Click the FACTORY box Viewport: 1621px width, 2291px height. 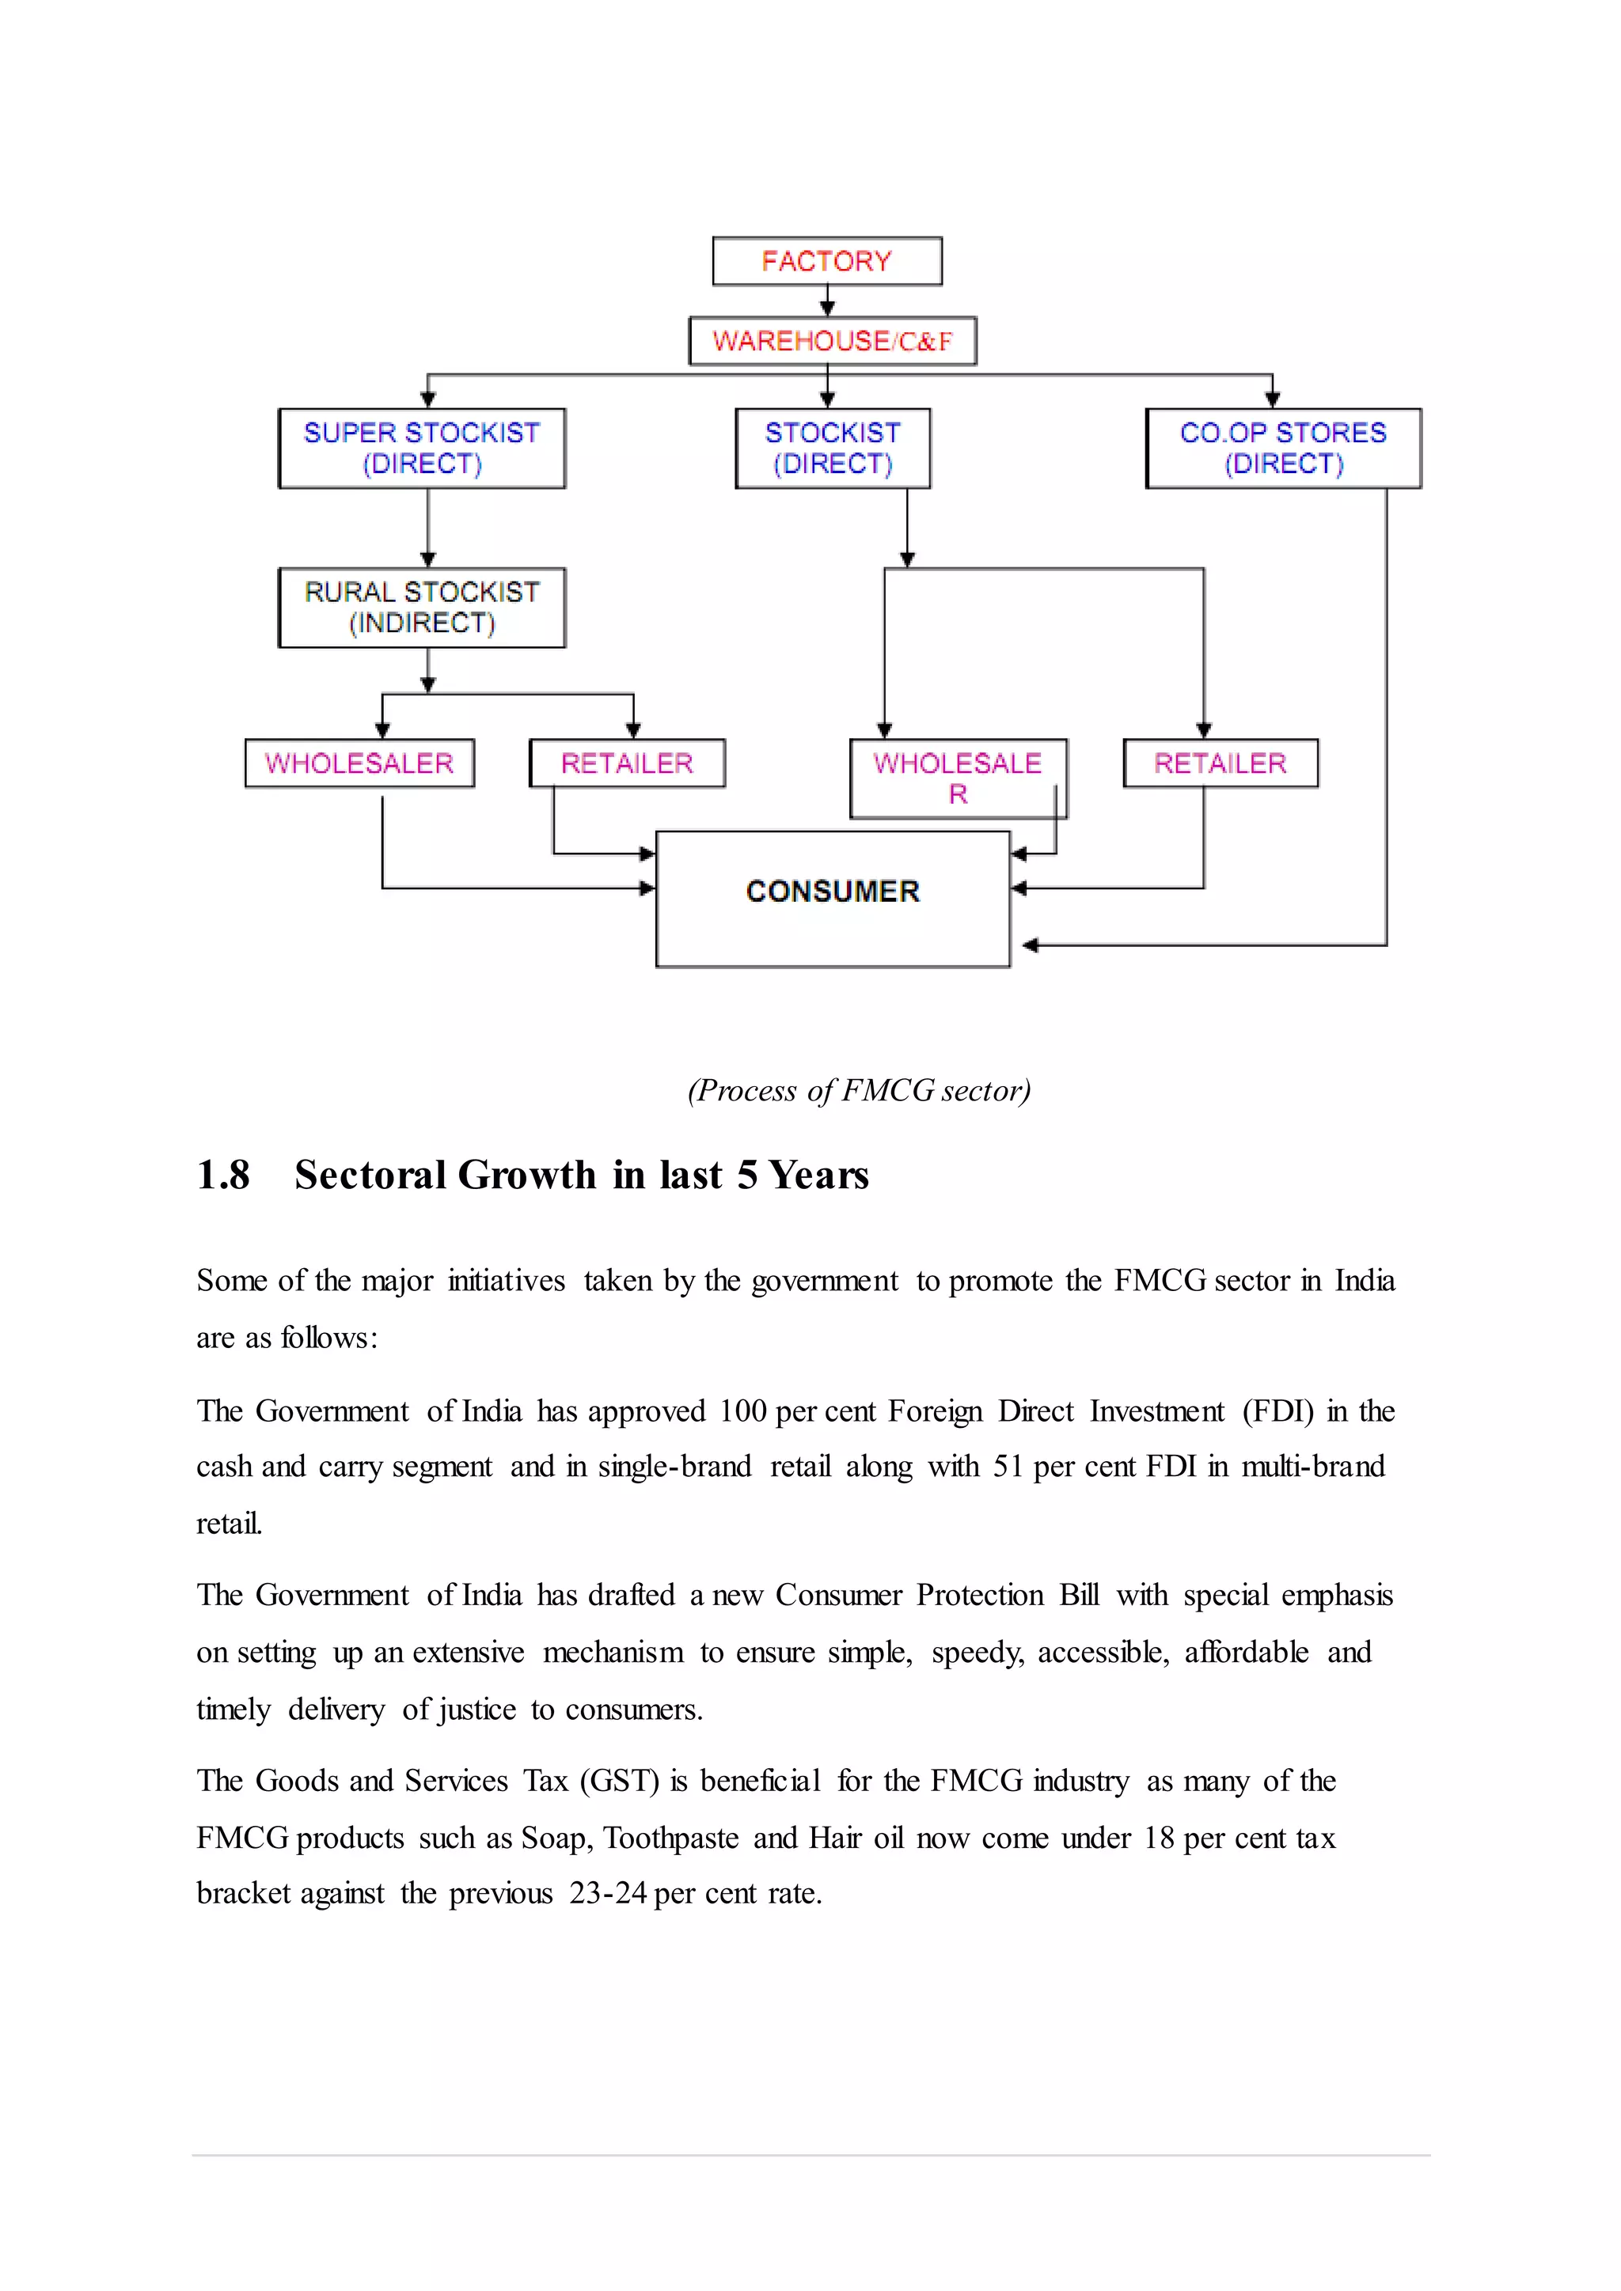pos(826,261)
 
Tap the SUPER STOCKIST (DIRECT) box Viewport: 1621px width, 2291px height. pos(421,448)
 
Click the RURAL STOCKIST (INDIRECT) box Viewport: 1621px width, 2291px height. pos(421,608)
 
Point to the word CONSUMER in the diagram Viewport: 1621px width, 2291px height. pos(833,891)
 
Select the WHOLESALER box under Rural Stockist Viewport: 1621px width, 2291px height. pos(359,763)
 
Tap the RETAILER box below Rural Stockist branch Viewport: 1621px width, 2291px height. pos(627,763)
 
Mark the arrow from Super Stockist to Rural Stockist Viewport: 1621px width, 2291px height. pos(427,529)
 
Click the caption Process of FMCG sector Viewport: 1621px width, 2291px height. pos(859,1089)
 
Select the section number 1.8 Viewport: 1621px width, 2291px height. pos(222,1176)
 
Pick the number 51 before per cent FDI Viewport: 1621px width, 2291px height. pos(1008,1466)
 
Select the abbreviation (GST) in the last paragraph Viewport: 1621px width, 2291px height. pos(619,1780)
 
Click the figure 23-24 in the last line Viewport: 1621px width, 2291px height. pos(608,1893)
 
